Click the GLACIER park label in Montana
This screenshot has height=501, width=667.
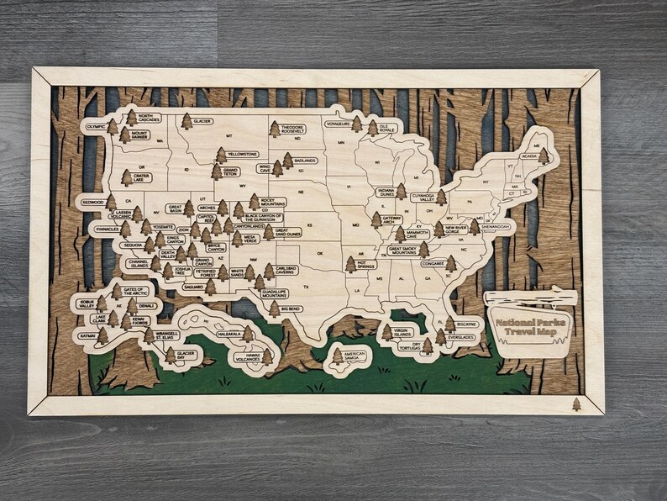click(202, 121)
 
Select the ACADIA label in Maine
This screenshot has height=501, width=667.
click(529, 156)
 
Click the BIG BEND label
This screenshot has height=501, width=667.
click(292, 309)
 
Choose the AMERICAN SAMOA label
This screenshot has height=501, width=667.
click(355, 356)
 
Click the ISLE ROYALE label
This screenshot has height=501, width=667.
click(386, 129)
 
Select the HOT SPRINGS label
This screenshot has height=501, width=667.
click(366, 264)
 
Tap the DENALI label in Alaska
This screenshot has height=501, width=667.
click(145, 306)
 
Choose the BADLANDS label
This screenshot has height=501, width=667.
click(305, 160)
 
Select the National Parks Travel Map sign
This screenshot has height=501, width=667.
click(531, 327)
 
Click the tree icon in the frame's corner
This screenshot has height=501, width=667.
click(576, 404)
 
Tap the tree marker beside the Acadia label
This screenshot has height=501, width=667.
click(544, 156)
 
